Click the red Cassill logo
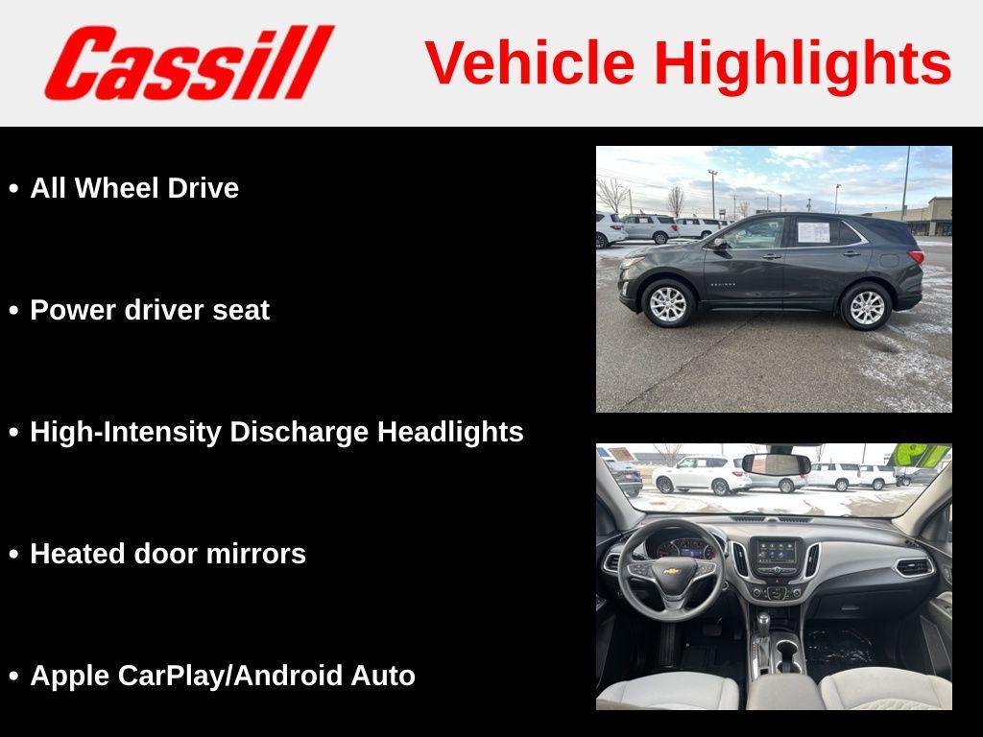coord(188,62)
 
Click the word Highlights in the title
coord(803,63)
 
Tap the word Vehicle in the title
coord(529,63)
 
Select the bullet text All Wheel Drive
coord(134,188)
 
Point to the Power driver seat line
coord(150,310)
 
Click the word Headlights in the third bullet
coord(450,432)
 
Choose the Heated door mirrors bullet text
coord(168,554)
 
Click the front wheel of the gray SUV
coord(668,303)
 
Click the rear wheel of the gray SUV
coord(866,306)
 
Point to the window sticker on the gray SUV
coord(813,231)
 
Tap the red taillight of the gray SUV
coord(915,256)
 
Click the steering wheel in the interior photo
coord(671,571)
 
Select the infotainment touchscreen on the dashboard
coord(776,553)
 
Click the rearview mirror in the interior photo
coord(776,464)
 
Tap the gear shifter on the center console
coord(764,629)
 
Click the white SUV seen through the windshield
coord(702,474)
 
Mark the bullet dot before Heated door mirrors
coord(13,555)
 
